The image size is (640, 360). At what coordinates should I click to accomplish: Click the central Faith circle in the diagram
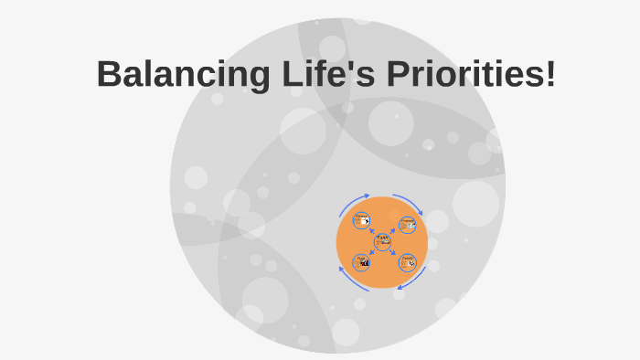382,241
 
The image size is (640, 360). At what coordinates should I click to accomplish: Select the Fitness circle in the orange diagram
361,220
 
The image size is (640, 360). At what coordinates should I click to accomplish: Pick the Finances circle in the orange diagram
407,224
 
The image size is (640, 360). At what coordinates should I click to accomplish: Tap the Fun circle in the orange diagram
361,262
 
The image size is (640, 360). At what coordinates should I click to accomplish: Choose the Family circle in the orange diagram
407,262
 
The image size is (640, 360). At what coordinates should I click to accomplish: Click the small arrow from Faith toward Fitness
372,231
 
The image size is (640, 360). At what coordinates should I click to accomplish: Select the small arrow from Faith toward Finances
392,231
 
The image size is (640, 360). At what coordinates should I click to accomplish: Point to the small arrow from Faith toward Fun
371,253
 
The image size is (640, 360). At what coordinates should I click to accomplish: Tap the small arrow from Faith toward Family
392,252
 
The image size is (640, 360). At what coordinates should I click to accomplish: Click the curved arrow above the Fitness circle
355,201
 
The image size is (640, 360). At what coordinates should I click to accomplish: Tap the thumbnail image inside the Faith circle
385,242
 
